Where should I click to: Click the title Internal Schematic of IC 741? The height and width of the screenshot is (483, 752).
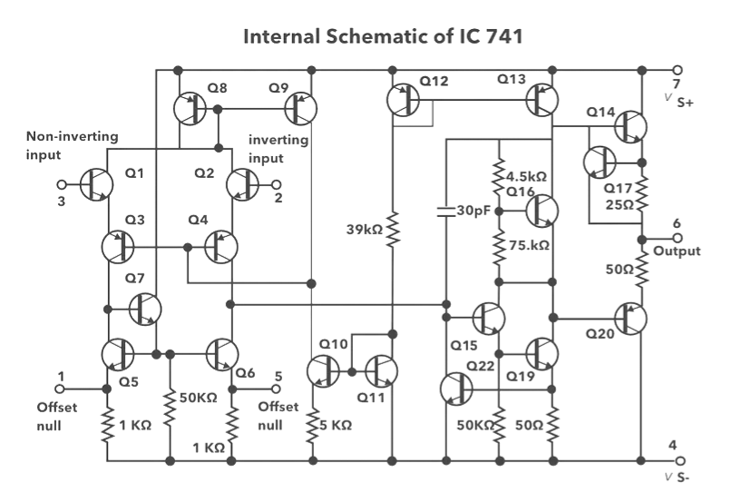pos(382,38)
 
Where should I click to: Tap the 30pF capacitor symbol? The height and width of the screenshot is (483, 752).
pos(445,212)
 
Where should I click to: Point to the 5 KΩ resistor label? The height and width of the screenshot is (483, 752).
pos(336,425)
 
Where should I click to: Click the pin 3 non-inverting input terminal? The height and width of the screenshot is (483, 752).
pos(62,184)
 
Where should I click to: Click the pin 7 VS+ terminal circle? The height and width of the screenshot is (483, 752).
pos(676,70)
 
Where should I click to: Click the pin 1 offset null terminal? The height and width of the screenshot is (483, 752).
pos(62,387)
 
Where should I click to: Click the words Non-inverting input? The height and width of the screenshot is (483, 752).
pos(72,144)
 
